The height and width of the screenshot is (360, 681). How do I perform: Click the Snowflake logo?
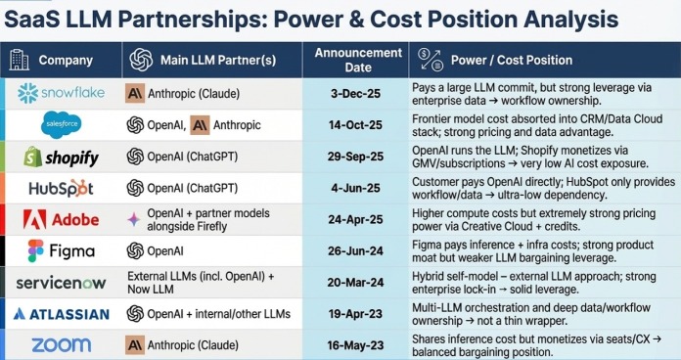tap(62, 93)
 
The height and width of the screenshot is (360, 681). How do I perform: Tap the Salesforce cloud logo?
tap(61, 124)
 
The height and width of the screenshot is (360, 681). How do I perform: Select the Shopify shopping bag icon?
tap(32, 157)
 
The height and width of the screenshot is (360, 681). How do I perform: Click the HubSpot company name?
tap(62, 189)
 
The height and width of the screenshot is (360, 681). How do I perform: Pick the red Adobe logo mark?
tap(35, 219)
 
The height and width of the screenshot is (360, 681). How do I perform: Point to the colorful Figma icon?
tap(35, 251)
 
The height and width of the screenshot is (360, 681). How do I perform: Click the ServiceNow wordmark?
tap(62, 283)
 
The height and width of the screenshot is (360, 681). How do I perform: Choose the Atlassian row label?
tap(62, 314)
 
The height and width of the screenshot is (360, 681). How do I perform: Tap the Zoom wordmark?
tap(62, 345)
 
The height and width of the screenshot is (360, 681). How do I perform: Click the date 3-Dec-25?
tap(355, 94)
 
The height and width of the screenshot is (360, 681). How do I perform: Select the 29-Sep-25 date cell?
tap(355, 157)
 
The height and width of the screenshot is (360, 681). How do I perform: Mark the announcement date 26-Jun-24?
tap(355, 251)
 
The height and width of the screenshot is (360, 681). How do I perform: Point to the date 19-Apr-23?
tap(355, 314)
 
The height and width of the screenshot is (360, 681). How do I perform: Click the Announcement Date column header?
tap(358, 60)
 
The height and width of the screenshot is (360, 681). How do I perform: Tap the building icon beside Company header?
tap(20, 60)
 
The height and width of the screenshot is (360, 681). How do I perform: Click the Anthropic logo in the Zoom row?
tap(135, 345)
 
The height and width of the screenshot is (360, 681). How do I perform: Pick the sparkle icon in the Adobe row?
tap(134, 220)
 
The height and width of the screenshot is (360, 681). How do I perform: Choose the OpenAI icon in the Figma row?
tap(135, 251)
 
